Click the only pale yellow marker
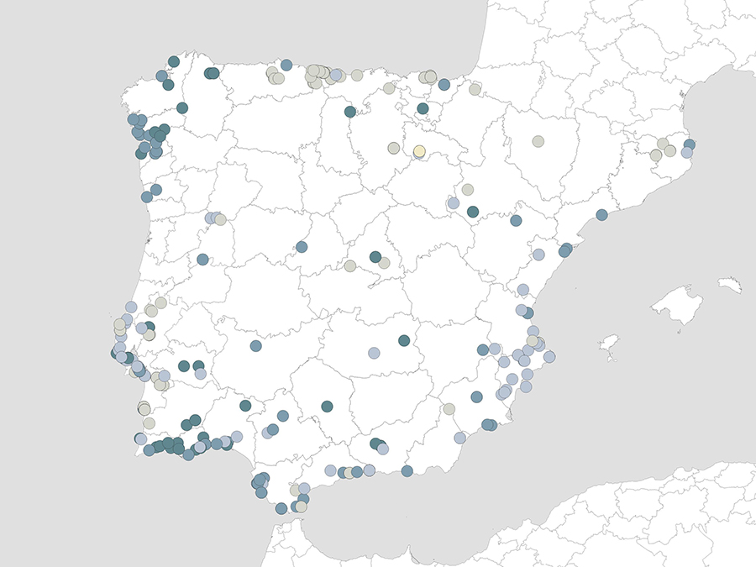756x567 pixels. point(419,151)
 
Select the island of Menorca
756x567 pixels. point(730,286)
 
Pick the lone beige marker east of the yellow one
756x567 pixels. point(538,141)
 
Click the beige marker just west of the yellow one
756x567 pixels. point(393,148)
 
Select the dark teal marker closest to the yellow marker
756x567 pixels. point(423,108)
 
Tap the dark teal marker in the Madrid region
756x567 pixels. point(375,257)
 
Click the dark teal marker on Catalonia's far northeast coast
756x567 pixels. point(690,144)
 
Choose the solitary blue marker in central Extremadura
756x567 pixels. point(255,346)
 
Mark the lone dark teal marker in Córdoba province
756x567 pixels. point(327,407)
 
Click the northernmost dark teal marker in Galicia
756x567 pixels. point(174,61)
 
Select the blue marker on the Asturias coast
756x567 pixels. point(286,65)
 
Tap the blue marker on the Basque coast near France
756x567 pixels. point(444,85)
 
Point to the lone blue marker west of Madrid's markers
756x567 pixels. point(302,247)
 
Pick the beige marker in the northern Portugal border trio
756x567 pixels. point(220,219)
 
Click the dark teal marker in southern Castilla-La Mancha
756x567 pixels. point(404,340)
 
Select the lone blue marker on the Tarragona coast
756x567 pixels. point(601,215)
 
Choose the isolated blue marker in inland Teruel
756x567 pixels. point(516,221)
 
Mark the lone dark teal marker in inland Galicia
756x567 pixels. point(182,108)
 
